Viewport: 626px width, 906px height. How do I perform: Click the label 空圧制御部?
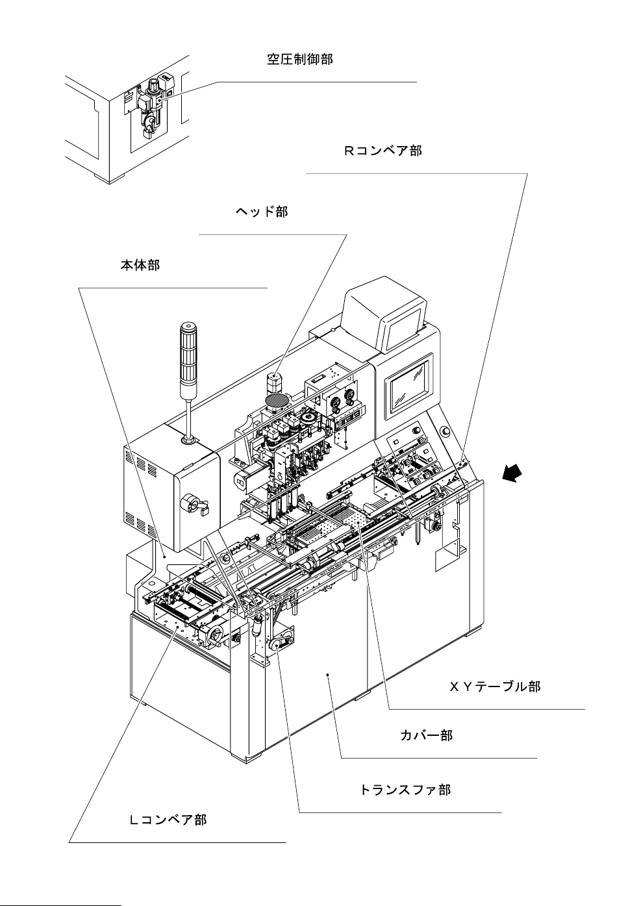pos(300,60)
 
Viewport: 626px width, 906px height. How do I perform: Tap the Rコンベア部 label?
pos(382,151)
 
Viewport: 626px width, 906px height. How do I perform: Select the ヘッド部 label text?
pos(261,212)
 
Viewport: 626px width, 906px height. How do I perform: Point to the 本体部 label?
pos(140,265)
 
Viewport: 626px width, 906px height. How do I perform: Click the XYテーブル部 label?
pos(495,686)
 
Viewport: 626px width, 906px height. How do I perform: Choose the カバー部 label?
pos(426,736)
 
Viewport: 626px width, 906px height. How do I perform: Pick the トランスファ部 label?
pos(405,790)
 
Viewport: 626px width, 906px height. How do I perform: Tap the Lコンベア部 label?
pos(168,820)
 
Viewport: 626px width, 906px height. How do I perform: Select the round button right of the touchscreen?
pos(445,431)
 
